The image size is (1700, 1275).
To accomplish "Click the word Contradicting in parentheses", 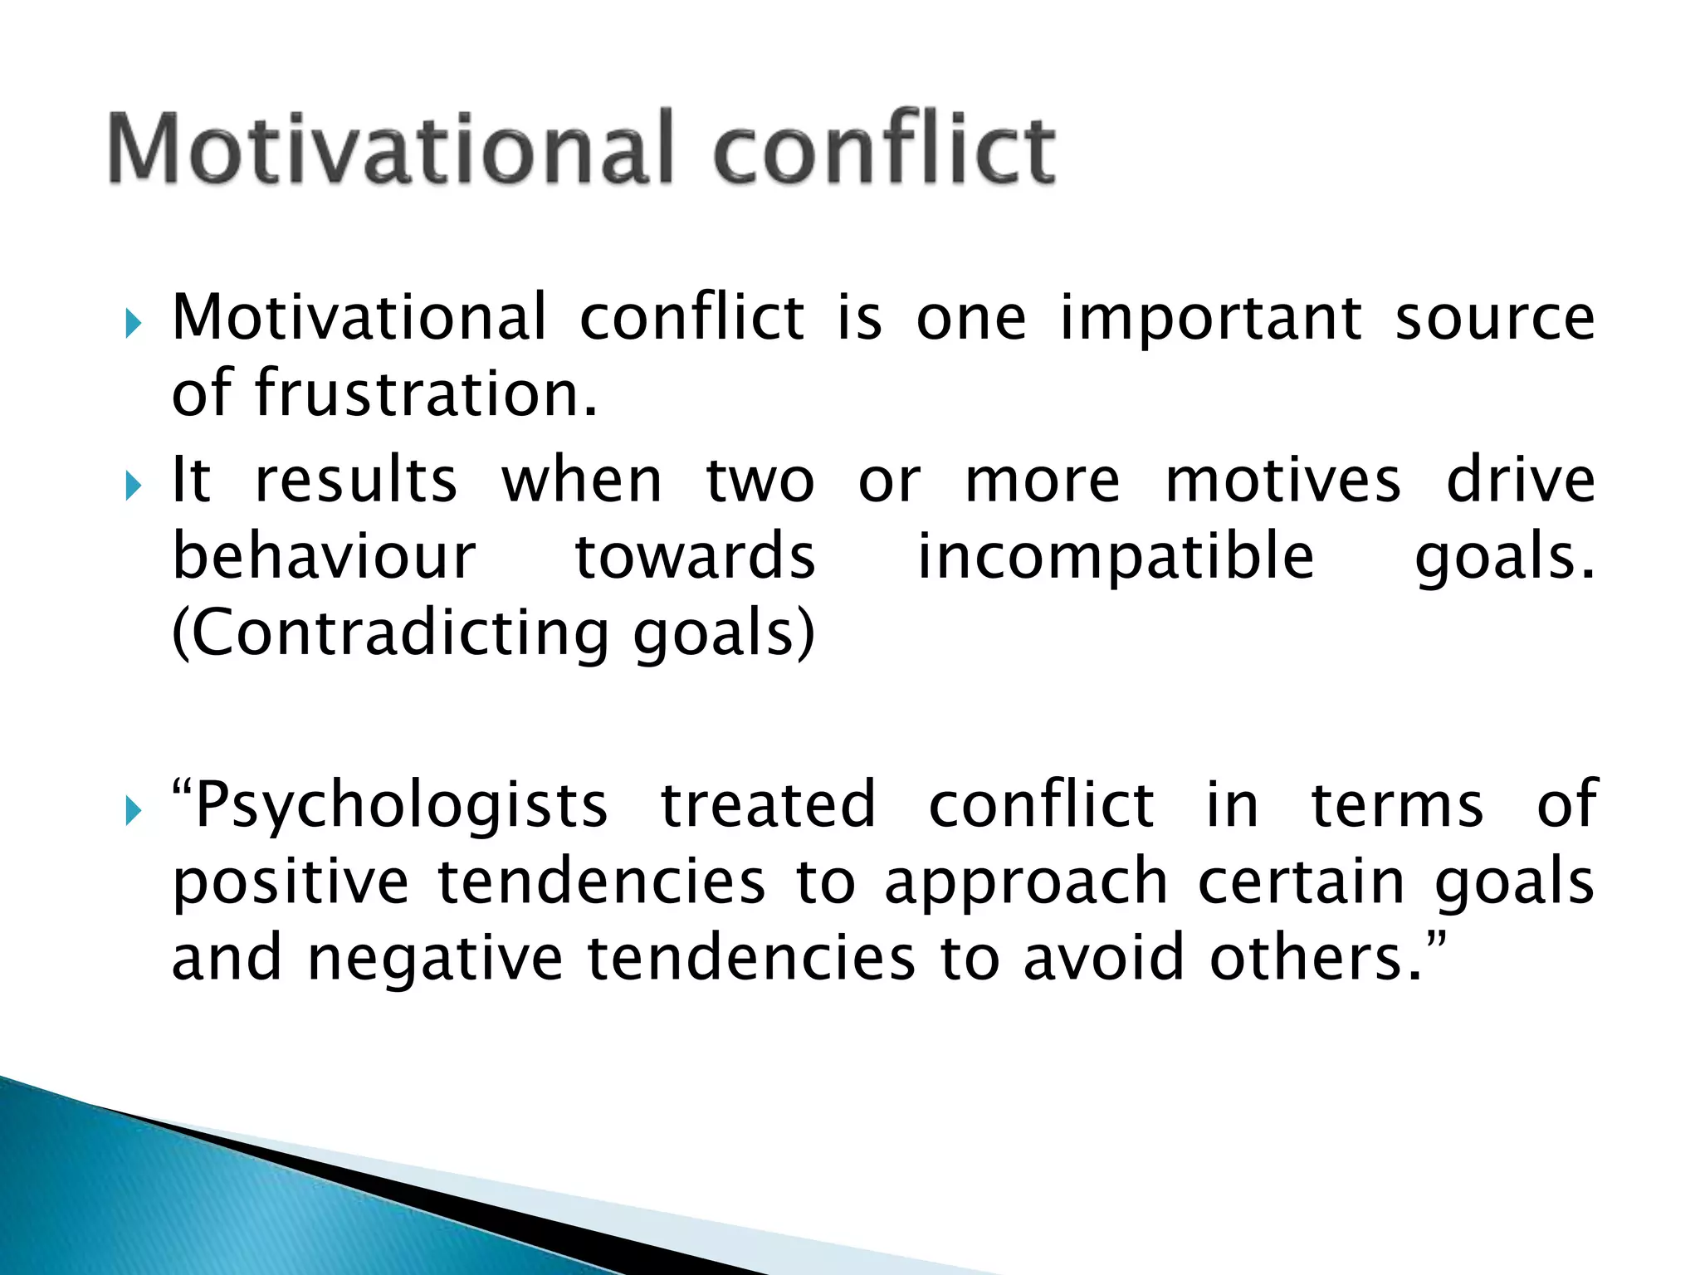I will click(390, 633).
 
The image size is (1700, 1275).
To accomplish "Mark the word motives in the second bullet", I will click(1282, 481).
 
